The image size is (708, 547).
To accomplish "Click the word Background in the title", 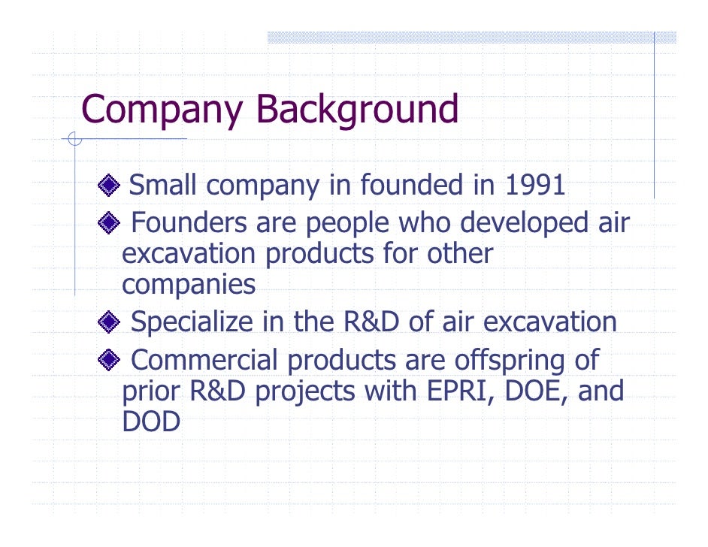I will [x=356, y=109].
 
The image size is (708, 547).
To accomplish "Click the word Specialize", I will [x=192, y=323].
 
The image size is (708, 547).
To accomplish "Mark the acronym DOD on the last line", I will [x=151, y=422].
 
